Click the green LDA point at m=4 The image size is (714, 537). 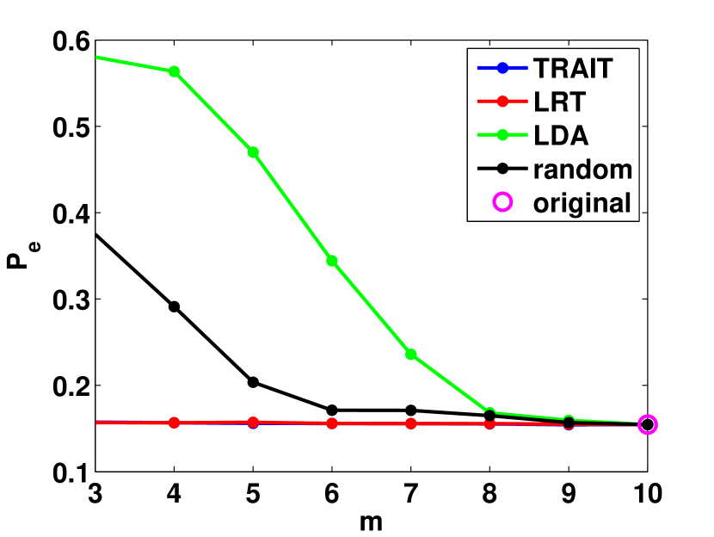tap(174, 71)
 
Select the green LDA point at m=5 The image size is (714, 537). tap(253, 152)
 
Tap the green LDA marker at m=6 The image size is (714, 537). tap(332, 261)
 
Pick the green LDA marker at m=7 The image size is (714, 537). tap(410, 355)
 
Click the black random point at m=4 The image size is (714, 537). tap(174, 306)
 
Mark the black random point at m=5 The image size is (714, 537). tap(253, 382)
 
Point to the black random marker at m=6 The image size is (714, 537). tap(332, 410)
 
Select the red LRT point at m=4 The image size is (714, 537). tap(174, 423)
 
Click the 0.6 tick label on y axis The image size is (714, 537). tap(66, 40)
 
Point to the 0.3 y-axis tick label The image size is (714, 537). tap(66, 299)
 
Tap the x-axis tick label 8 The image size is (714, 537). tap(489, 495)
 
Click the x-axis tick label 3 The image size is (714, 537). tap(95, 495)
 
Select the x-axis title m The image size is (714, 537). tap(371, 522)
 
